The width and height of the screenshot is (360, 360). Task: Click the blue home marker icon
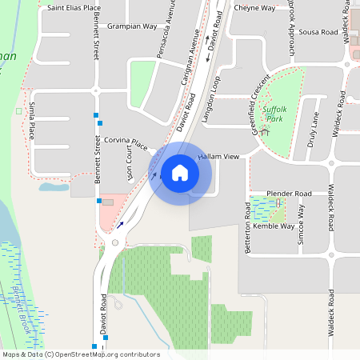click(x=179, y=173)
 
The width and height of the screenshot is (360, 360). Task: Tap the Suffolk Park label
click(x=275, y=114)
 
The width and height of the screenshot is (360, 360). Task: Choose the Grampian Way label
click(x=132, y=26)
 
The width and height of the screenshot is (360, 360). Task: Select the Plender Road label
click(x=289, y=194)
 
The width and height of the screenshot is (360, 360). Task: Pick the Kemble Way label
click(x=274, y=226)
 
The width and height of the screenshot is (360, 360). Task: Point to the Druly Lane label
click(x=313, y=129)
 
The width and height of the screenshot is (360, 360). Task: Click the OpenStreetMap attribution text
click(x=80, y=354)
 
